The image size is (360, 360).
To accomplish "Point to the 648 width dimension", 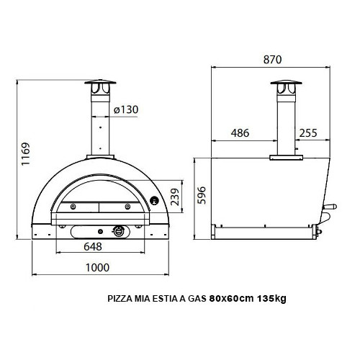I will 102,246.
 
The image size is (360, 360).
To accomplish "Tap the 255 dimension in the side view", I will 308,132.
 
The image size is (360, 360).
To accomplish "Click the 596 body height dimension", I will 202,195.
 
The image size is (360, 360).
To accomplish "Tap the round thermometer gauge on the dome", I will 153,199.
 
